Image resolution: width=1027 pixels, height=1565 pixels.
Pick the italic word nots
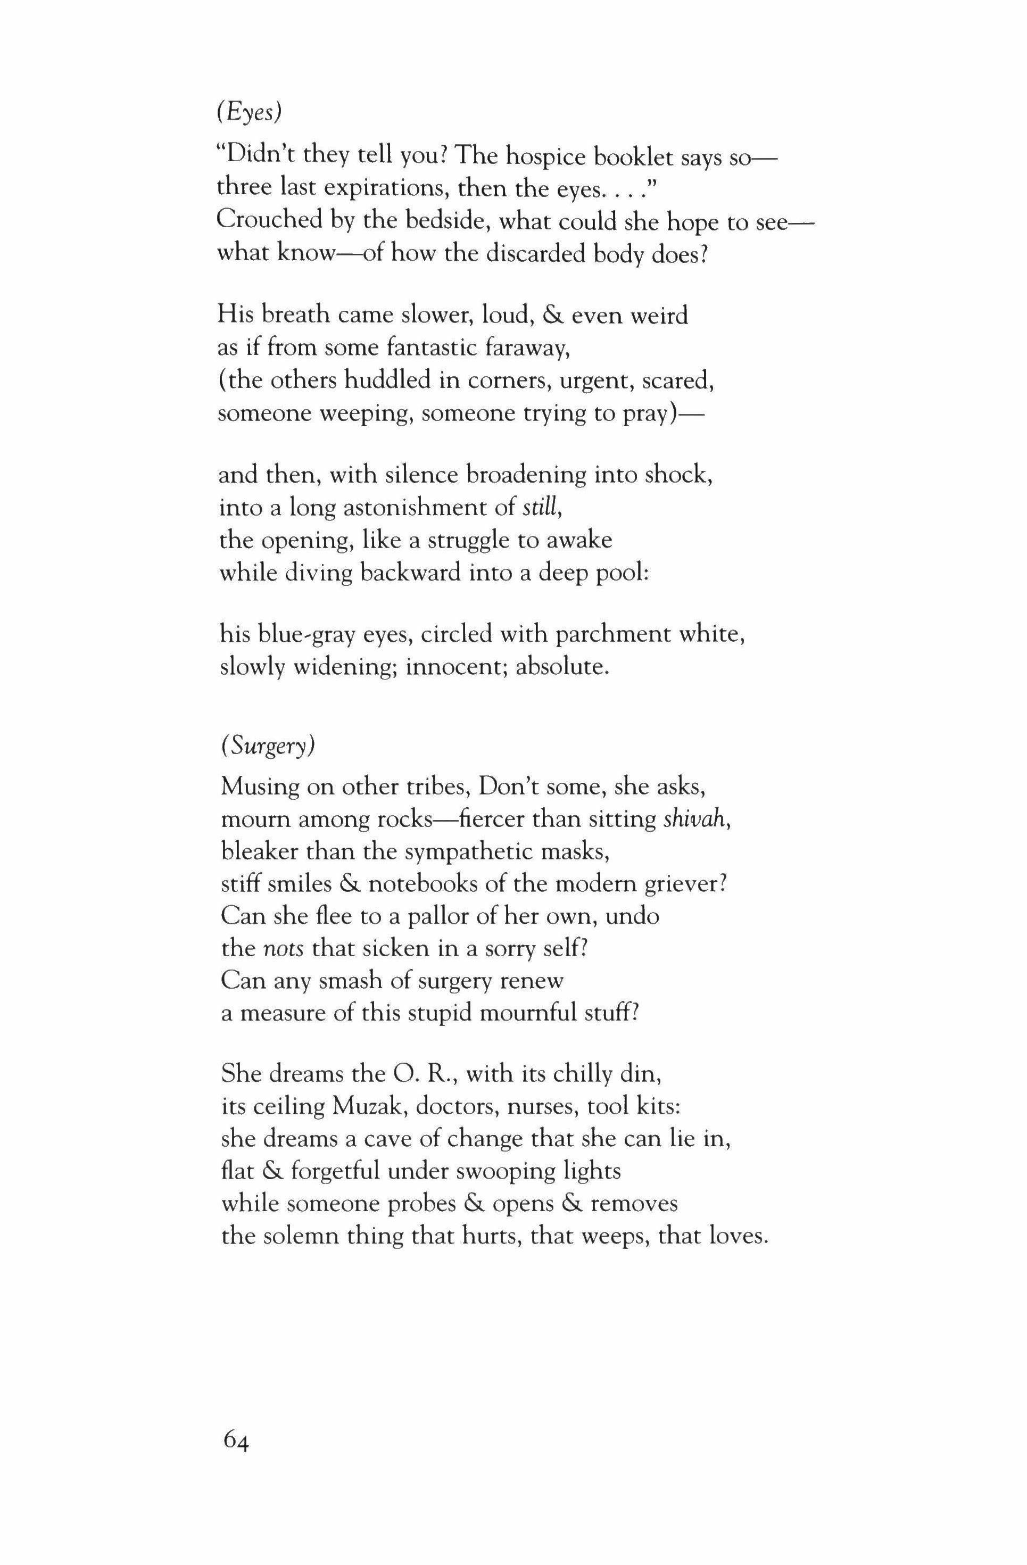click(283, 948)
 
